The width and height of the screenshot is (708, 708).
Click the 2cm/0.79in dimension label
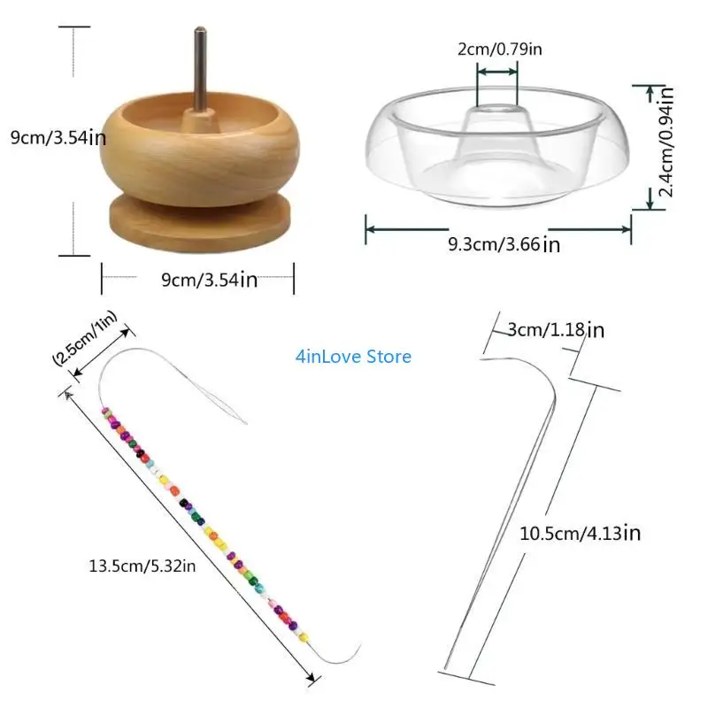[499, 50]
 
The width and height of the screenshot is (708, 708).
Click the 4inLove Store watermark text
[354, 357]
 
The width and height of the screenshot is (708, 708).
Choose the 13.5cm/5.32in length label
[142, 566]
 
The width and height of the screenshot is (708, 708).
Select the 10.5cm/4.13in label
[580, 533]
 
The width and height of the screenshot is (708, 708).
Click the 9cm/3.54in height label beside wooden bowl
[58, 137]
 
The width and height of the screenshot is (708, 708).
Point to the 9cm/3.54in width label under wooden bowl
[209, 280]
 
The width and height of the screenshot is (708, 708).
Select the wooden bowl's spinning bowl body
[199, 159]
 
